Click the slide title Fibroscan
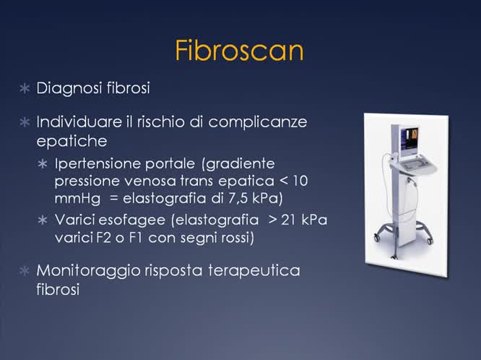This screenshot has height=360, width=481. click(239, 51)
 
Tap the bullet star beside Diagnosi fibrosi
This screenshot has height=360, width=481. click(25, 89)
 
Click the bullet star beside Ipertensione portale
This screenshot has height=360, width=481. click(43, 164)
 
